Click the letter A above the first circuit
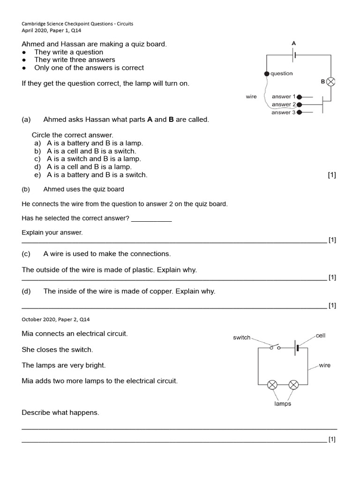point(294,43)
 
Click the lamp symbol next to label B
point(331,82)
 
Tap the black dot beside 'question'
point(267,74)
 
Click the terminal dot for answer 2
point(300,105)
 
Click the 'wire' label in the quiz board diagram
point(251,97)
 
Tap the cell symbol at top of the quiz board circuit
point(294,55)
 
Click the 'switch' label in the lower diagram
point(242,337)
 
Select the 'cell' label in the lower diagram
point(321,336)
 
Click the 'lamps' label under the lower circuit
point(283,404)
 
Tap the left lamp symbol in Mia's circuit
point(272,385)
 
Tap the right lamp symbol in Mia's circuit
point(293,385)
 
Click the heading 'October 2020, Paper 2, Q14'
point(56,319)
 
